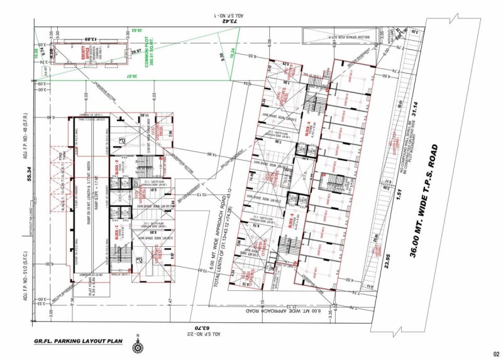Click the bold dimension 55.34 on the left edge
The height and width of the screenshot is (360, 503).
28,178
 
